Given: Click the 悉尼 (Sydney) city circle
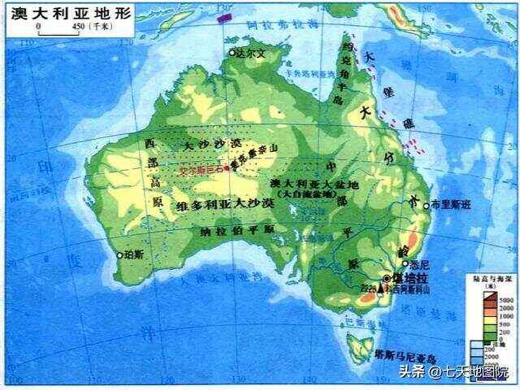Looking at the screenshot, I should (x=405, y=263).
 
